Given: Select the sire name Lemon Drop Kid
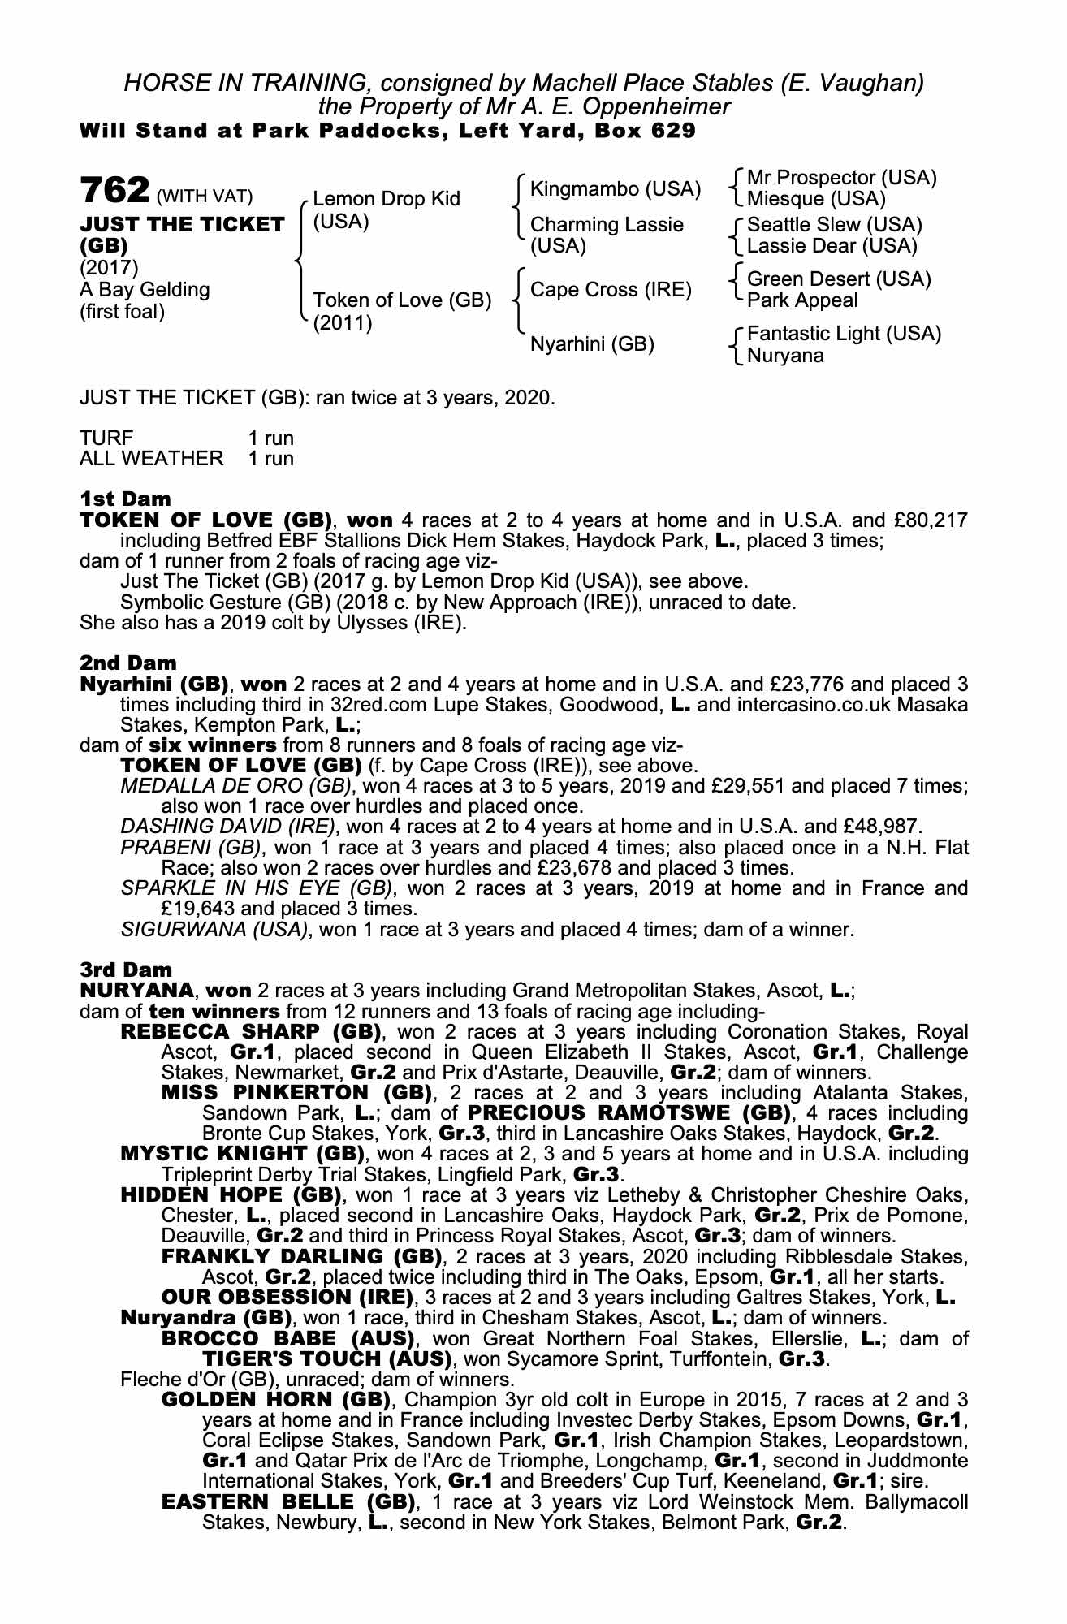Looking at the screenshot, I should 386,199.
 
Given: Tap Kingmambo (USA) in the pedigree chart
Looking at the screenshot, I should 615,189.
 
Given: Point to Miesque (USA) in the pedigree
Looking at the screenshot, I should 815,199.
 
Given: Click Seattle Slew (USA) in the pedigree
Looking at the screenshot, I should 834,225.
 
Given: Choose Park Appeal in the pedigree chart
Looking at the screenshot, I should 801,300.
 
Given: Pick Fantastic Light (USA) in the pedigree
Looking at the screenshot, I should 844,334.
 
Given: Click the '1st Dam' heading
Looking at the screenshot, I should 125,498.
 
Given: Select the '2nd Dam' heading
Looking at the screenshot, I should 127,663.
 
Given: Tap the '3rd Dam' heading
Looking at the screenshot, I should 126,970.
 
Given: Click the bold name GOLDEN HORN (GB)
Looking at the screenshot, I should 276,1400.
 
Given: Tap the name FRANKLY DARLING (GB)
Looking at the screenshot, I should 301,1257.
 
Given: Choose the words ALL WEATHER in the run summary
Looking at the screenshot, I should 151,459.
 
